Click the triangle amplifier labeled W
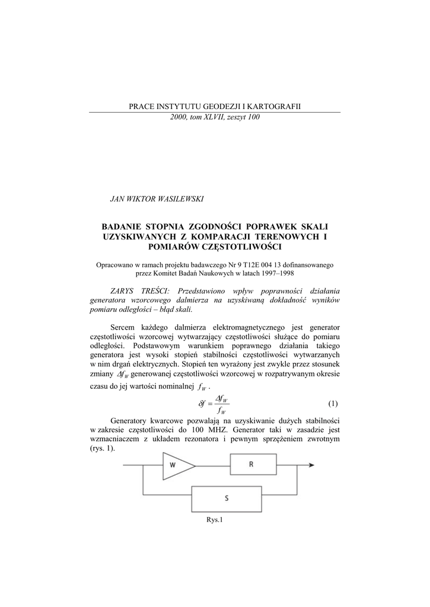click(x=176, y=465)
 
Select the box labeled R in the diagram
click(x=252, y=465)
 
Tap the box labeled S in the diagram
click(x=227, y=499)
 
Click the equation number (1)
click(x=333, y=404)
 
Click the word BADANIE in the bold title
click(x=124, y=226)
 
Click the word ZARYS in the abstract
click(x=125, y=291)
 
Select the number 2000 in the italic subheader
click(x=178, y=117)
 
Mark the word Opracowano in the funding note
click(x=116, y=264)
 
